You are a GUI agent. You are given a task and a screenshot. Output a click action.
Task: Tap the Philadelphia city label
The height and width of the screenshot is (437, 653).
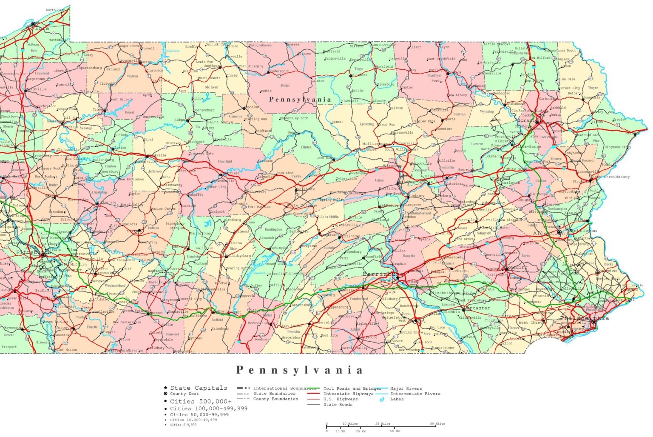(x=584, y=318)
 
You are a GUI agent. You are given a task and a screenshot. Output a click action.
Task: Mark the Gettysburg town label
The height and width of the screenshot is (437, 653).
(x=367, y=337)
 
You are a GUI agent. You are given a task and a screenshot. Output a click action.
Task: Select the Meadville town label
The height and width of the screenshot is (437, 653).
(x=36, y=89)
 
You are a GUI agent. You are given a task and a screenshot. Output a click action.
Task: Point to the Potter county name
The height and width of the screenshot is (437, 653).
(x=285, y=86)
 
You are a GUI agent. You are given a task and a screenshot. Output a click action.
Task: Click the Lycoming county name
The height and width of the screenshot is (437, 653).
(x=366, y=124)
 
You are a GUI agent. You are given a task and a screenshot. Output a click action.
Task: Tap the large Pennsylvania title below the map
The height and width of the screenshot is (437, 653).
(x=300, y=370)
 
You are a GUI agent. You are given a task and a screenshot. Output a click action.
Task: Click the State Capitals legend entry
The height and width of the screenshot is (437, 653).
(x=199, y=388)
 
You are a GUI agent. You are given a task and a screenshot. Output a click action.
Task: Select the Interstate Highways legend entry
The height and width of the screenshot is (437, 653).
(x=348, y=394)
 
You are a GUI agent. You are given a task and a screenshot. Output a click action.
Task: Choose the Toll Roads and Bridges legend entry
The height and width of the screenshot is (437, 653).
(x=352, y=388)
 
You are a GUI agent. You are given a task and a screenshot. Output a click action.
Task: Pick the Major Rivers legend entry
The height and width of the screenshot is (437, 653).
(x=406, y=388)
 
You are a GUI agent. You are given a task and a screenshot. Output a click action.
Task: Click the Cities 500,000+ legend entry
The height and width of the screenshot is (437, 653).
(x=201, y=401)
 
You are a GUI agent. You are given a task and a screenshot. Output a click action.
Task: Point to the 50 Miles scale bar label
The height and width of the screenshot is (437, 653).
(x=437, y=423)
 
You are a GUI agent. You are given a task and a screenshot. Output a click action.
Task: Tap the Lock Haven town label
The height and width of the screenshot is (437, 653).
(x=325, y=158)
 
